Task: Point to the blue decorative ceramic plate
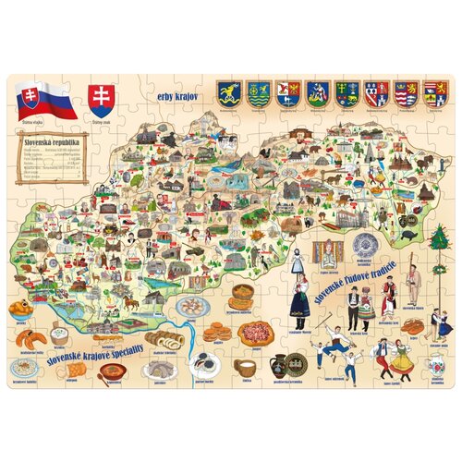pyautogui.click(x=361, y=245)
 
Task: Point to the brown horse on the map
pyautogui.click(x=130, y=302)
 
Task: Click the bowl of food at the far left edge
pyautogui.click(x=19, y=309)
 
